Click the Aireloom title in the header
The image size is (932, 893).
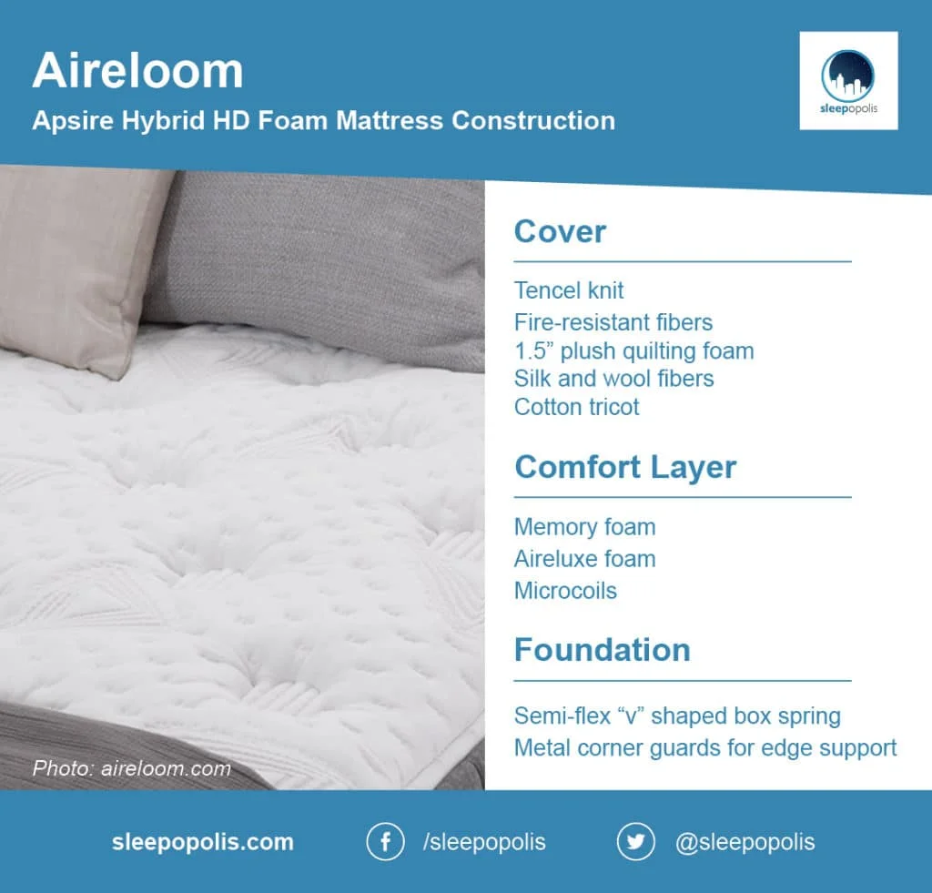(x=137, y=71)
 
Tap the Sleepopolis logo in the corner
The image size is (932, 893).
(x=848, y=81)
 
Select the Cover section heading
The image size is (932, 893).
(x=560, y=231)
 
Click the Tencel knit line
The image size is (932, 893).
(x=569, y=290)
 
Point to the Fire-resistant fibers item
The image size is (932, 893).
(x=613, y=321)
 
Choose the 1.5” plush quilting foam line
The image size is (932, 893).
(x=633, y=350)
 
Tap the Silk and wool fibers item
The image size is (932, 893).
(x=613, y=378)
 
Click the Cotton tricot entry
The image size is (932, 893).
(x=576, y=407)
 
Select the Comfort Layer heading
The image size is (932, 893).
(x=625, y=467)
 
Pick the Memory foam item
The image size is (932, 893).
(x=584, y=527)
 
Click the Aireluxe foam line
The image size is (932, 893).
(x=584, y=558)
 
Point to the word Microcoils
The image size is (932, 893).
(x=565, y=590)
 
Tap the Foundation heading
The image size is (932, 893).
(x=602, y=650)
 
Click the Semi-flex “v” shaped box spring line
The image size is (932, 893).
(x=677, y=715)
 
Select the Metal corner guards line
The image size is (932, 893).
(x=704, y=747)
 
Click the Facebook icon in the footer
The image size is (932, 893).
(x=385, y=841)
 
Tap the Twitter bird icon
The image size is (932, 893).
(x=635, y=841)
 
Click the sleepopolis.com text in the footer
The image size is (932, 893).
(x=202, y=842)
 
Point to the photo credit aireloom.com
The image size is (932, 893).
(x=131, y=768)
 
